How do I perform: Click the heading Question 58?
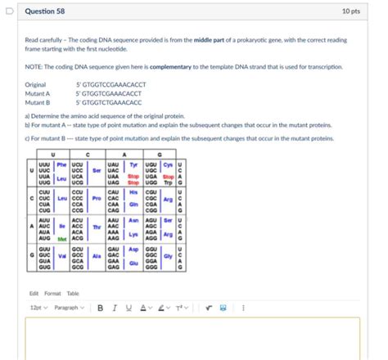coord(47,11)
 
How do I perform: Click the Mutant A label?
coord(38,93)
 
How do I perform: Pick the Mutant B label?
coord(38,102)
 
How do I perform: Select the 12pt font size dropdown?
coord(37,308)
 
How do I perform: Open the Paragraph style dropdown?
coord(69,308)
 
